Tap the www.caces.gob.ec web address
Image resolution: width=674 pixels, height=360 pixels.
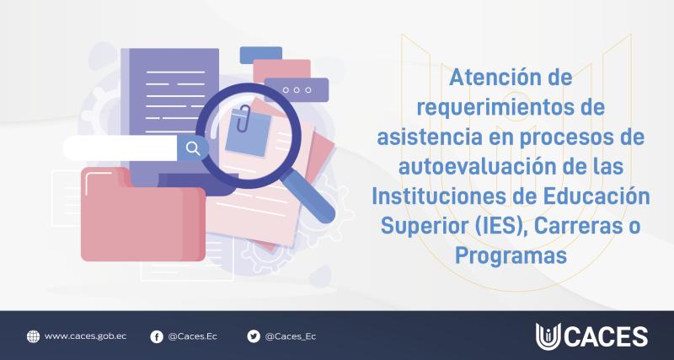tap(86, 336)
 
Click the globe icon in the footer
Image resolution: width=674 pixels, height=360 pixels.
tap(33, 336)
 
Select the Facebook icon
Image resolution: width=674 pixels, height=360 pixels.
tap(156, 336)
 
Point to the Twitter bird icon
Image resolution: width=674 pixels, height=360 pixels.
tap(253, 336)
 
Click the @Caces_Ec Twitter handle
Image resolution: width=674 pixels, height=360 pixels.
tap(291, 336)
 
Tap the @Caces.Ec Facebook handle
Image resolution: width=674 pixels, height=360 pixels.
tap(193, 336)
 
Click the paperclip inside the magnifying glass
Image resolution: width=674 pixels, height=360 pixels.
tap(243, 121)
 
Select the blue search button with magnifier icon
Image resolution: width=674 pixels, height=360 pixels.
tap(192, 148)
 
